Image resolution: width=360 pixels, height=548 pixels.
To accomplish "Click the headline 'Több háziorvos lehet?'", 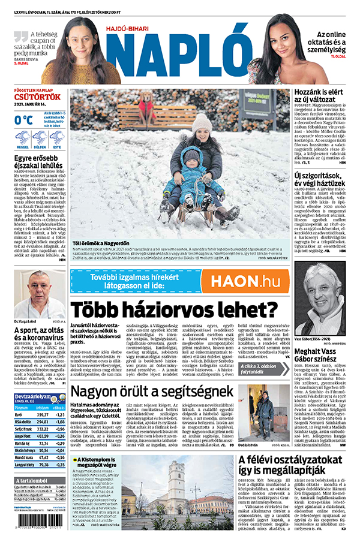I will (174, 309).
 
